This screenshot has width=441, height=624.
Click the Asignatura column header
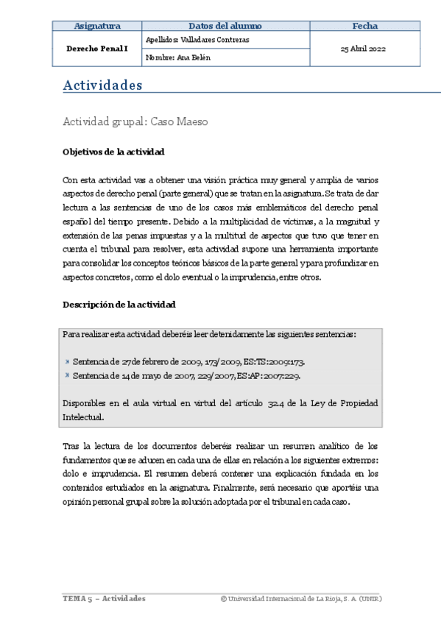coord(97,26)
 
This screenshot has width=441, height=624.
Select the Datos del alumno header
coord(225,26)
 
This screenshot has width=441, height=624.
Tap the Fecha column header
coord(364,26)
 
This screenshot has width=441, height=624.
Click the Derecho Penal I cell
coord(97,49)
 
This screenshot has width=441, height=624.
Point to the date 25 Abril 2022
coord(364,49)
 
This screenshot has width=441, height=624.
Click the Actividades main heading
coord(102,85)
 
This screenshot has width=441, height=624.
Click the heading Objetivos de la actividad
coord(113,152)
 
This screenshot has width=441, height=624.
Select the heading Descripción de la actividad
coord(119,304)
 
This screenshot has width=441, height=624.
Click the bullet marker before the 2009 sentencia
coord(68,362)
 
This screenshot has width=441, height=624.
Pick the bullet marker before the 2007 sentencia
coord(68,375)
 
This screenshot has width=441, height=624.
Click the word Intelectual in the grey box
coord(83,416)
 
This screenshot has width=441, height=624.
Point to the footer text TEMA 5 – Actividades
coord(104,598)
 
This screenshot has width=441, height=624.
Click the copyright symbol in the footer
coord(223,598)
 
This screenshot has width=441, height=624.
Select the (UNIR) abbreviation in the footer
coord(370,598)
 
